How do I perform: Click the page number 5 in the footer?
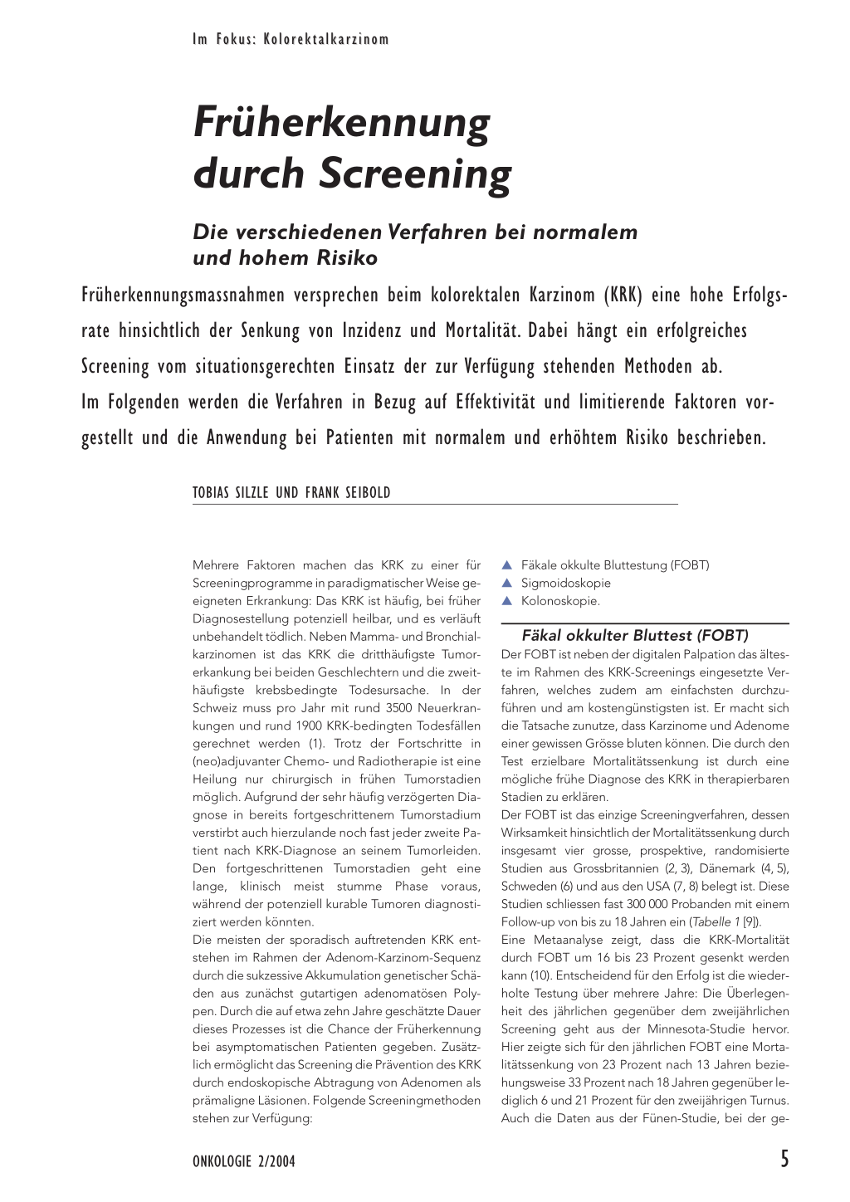click(x=784, y=1159)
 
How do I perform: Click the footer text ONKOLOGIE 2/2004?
click(x=243, y=1161)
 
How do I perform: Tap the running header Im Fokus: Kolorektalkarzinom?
click(x=291, y=39)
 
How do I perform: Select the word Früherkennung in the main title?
click(x=342, y=122)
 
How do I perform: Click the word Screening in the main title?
click(x=415, y=173)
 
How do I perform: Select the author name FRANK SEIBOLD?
click(x=348, y=492)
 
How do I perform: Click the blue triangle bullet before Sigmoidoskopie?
click(x=507, y=584)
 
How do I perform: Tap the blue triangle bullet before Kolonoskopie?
click(x=507, y=601)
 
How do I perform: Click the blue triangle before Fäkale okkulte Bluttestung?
click(x=507, y=565)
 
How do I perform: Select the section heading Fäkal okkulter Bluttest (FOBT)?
click(x=635, y=636)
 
